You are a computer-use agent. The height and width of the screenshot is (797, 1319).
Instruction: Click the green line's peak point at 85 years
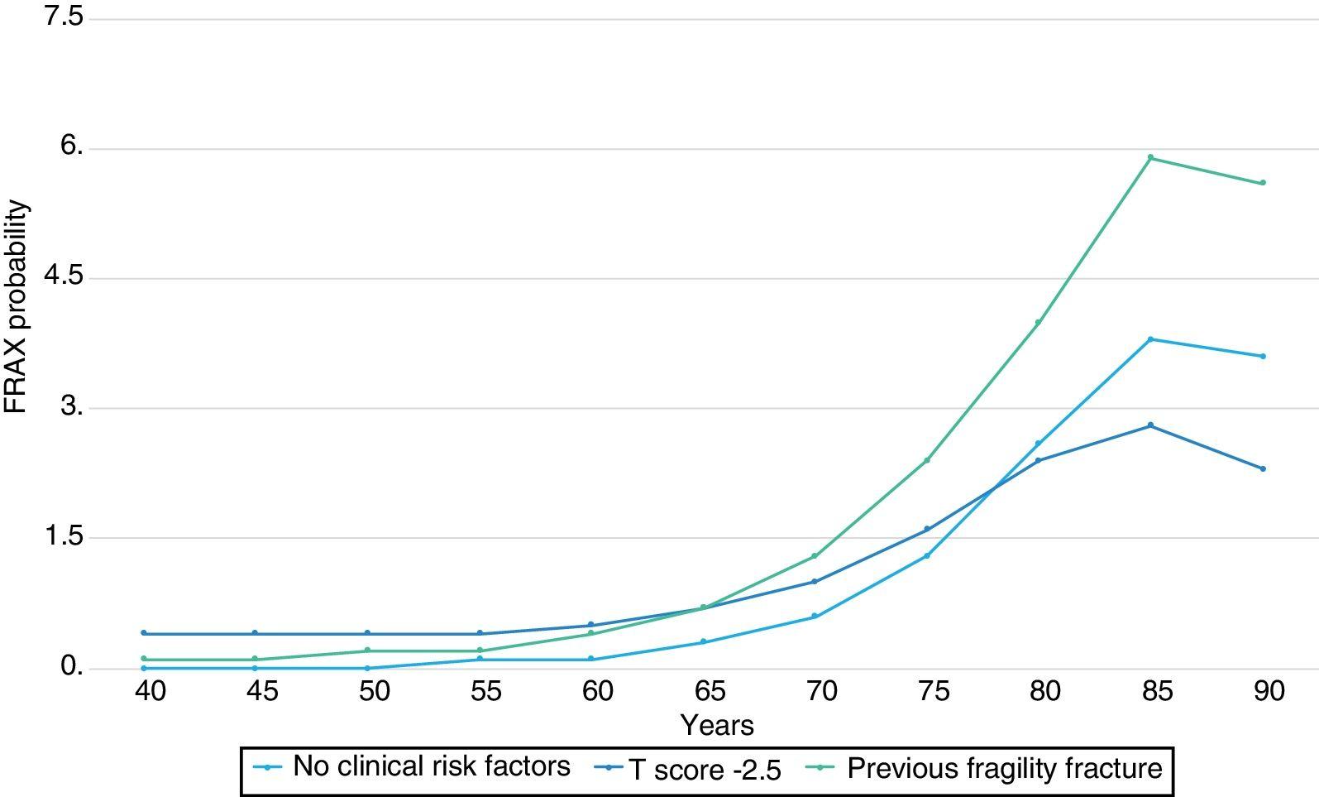1150,157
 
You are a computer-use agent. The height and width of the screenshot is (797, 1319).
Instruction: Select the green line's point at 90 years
1263,183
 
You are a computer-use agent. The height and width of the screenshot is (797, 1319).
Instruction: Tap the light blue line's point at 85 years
1150,339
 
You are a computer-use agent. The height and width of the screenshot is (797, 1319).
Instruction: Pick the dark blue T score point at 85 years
1150,425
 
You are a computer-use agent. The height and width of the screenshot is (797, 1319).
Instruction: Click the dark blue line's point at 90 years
1263,468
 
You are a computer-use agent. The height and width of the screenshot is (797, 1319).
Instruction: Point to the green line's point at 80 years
1038,322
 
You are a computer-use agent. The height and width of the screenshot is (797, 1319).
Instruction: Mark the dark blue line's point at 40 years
144,633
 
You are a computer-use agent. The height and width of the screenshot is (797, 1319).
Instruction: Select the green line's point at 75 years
927,460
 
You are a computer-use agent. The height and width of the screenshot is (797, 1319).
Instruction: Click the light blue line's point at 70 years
815,616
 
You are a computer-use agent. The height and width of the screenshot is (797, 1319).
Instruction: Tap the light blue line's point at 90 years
1263,357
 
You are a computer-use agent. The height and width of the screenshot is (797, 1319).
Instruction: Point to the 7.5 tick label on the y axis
63,17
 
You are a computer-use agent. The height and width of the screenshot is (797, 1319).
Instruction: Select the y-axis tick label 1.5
63,536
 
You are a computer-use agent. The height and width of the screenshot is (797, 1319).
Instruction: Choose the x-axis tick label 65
710,691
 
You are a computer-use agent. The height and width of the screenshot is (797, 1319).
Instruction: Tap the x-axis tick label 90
1269,691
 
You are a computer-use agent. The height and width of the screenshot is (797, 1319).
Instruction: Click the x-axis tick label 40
150,691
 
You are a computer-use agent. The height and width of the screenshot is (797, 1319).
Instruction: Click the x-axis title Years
717,726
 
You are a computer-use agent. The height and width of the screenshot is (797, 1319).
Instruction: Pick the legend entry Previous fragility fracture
1004,769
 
